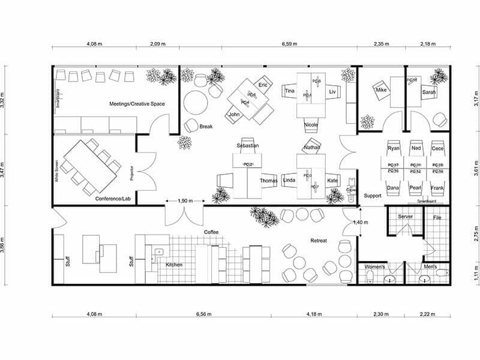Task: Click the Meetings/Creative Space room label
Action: (137, 104)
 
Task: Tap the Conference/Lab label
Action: (112, 198)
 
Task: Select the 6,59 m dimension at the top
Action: (291, 44)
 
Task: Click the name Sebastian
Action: (247, 146)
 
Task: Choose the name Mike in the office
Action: (381, 90)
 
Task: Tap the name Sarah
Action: (428, 92)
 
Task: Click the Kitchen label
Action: (174, 265)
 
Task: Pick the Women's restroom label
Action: (376, 266)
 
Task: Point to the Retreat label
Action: (318, 241)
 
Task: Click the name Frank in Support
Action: (437, 188)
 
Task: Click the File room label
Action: (437, 218)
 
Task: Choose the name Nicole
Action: (311, 125)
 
